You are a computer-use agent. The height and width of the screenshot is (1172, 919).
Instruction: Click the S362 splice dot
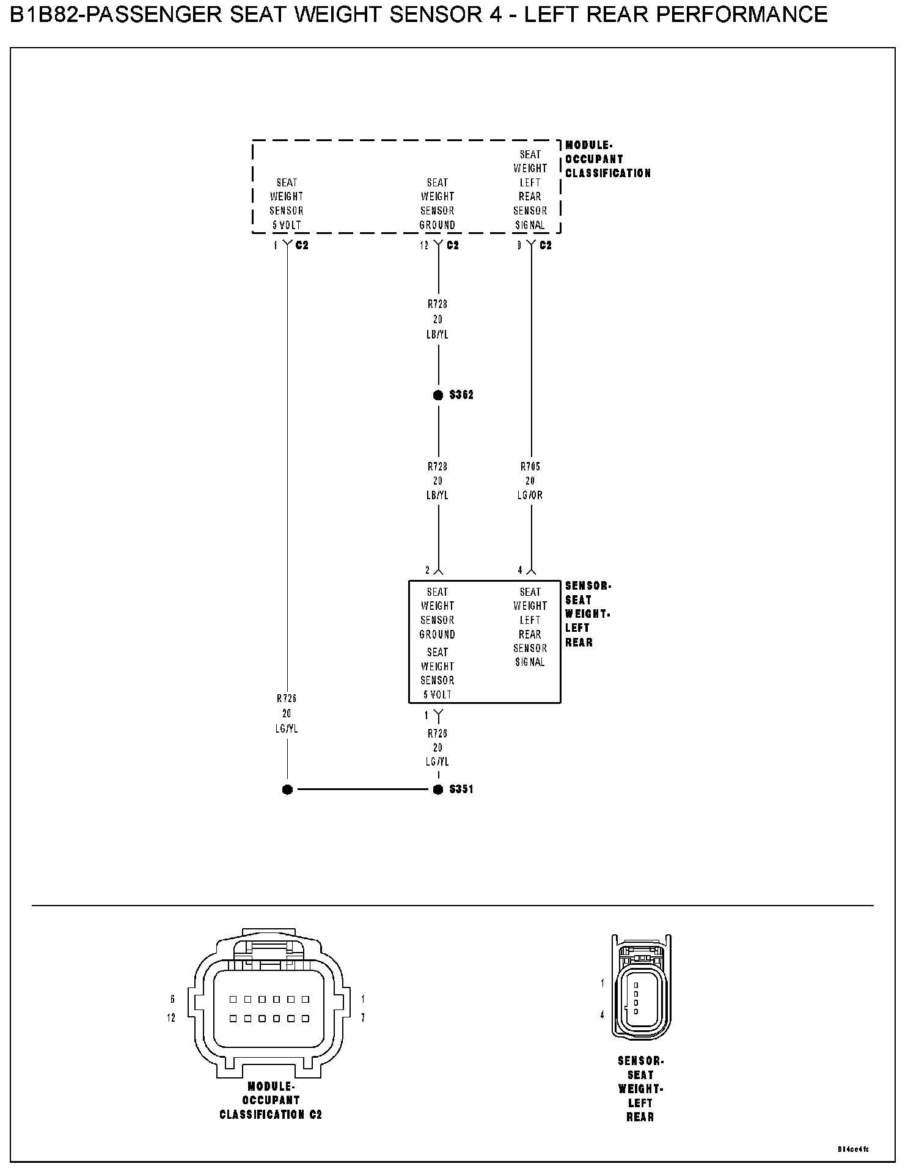(438, 395)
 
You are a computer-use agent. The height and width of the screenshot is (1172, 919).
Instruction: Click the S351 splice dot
(438, 789)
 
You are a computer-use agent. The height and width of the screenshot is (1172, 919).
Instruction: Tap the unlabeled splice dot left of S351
(287, 789)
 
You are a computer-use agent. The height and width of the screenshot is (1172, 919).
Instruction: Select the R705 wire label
(530, 467)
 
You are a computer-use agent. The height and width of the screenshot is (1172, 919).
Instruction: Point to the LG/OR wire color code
(530, 496)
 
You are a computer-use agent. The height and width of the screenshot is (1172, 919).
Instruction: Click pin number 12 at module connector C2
(423, 246)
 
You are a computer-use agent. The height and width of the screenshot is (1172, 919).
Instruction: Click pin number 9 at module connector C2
(519, 246)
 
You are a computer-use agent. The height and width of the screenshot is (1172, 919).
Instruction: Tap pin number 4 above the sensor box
(520, 570)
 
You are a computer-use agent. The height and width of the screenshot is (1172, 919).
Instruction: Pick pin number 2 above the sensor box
(428, 570)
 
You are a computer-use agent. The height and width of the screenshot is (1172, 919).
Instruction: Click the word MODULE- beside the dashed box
(588, 145)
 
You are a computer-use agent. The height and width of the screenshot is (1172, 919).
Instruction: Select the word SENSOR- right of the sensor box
(588, 586)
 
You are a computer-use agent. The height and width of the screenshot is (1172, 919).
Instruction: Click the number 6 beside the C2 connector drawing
(173, 999)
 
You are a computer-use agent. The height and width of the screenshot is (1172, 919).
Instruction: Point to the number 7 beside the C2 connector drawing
(363, 1017)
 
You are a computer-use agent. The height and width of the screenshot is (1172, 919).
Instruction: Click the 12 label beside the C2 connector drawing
(171, 1017)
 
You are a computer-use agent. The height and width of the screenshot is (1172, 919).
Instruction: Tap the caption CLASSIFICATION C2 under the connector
(271, 1115)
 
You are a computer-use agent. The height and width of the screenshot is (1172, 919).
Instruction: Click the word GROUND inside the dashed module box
(438, 225)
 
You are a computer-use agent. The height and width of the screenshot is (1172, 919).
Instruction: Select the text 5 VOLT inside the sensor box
(438, 695)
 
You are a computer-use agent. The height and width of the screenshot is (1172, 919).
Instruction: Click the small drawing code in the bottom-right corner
(853, 1149)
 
